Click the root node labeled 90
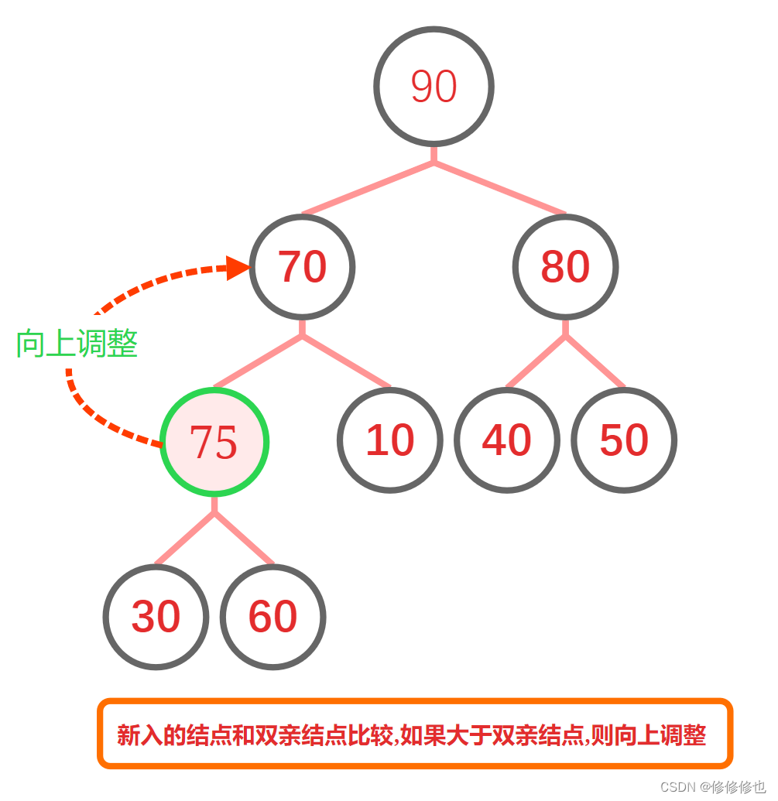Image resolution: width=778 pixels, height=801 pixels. click(434, 86)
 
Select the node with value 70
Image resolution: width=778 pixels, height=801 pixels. click(302, 266)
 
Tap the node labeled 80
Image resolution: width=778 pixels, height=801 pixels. click(565, 266)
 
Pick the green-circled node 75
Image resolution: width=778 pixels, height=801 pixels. click(214, 442)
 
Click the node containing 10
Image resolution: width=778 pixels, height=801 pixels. click(390, 440)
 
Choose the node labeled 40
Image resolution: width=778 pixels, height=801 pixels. click(506, 440)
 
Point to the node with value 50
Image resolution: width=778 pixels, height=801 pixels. click(624, 440)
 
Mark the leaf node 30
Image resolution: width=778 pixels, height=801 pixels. click(156, 617)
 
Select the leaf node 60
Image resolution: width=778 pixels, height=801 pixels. click(272, 617)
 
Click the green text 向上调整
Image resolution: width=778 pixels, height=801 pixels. click(77, 344)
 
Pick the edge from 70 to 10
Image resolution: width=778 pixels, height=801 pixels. click(348, 362)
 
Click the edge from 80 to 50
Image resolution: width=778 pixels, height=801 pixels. click(597, 362)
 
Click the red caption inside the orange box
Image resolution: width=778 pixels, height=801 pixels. click(412, 734)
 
